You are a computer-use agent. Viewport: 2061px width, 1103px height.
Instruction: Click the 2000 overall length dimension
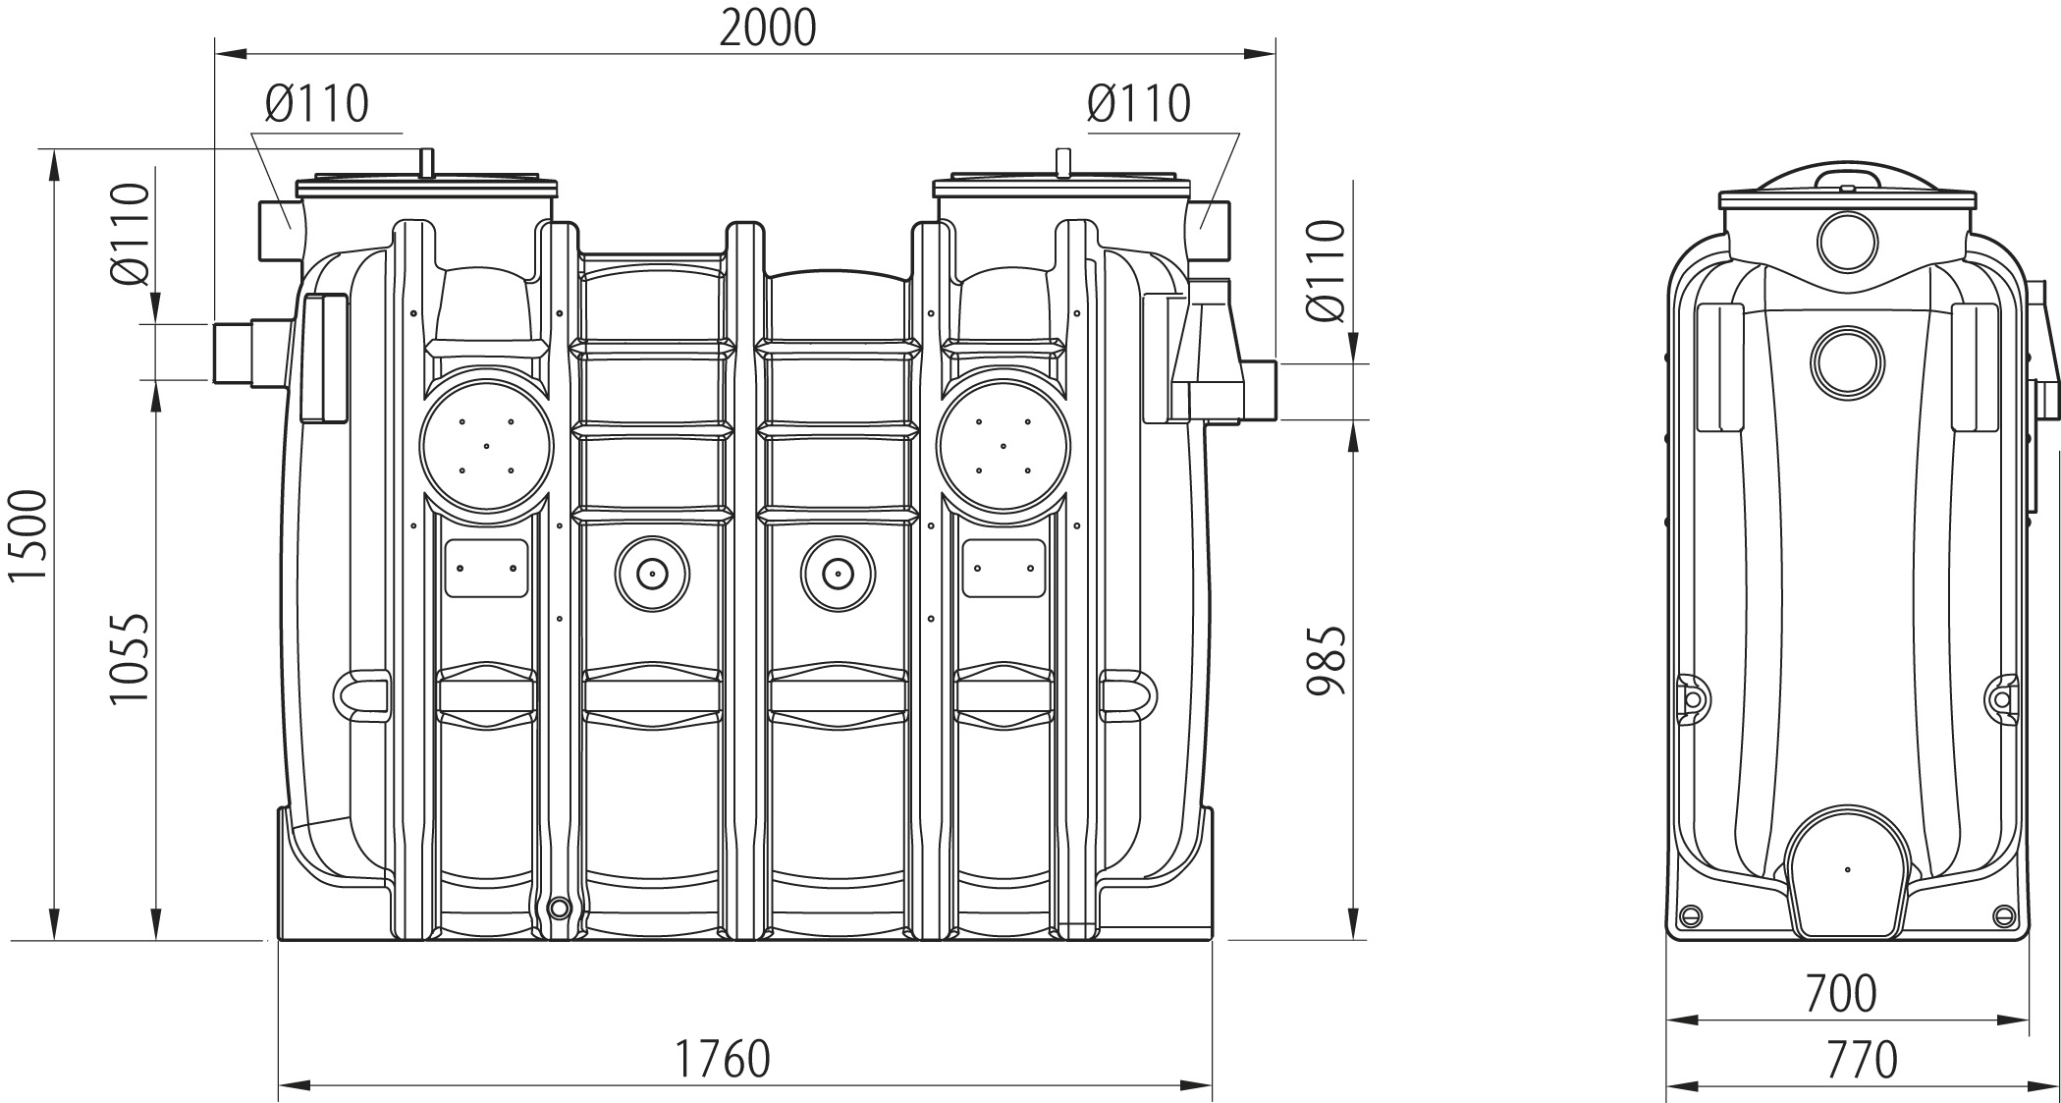[768, 28]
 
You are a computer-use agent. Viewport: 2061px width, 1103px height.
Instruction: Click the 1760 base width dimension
[722, 1059]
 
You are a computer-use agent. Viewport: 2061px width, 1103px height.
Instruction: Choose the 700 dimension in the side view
[1841, 993]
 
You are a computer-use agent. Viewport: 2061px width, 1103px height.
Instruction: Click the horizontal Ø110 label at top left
[316, 102]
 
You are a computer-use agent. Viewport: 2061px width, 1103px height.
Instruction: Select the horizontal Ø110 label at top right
[1139, 102]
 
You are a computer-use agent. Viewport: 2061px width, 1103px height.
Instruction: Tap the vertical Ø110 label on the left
[130, 234]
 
